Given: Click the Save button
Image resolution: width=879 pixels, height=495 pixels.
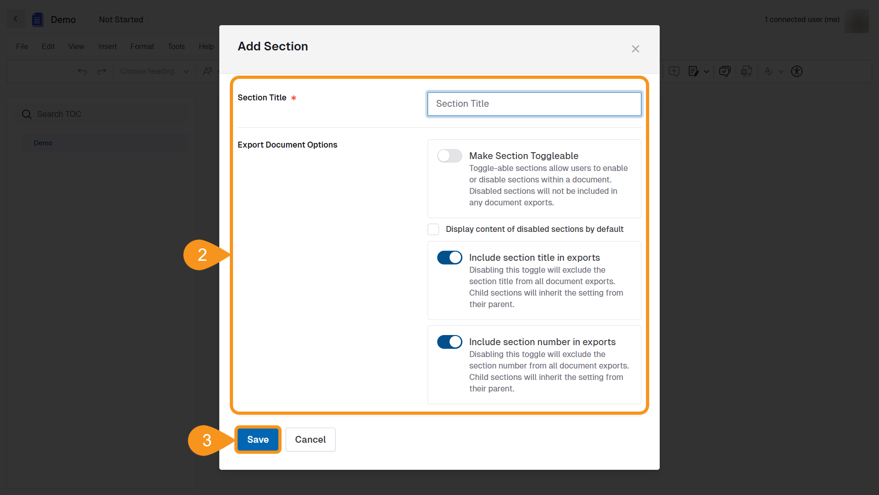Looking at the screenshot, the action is pyautogui.click(x=258, y=440).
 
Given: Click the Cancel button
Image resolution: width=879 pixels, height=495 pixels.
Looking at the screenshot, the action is pyautogui.click(x=310, y=440).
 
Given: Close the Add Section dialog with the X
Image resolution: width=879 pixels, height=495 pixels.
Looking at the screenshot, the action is pyautogui.click(x=635, y=49).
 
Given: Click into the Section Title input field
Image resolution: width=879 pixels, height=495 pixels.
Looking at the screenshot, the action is pyautogui.click(x=534, y=104).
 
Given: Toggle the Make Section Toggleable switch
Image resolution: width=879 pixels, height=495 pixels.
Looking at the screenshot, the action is pyautogui.click(x=450, y=156).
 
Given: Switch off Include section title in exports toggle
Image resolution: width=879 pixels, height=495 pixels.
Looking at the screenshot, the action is pyautogui.click(x=450, y=258).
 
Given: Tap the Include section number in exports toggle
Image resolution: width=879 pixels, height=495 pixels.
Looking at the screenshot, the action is pyautogui.click(x=450, y=342).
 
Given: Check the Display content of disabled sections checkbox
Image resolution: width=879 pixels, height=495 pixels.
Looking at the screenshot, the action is pyautogui.click(x=433, y=229).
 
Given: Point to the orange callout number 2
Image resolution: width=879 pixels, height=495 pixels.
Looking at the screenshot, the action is pyautogui.click(x=202, y=255).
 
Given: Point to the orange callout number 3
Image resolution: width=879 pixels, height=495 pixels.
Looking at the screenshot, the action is pyautogui.click(x=207, y=440).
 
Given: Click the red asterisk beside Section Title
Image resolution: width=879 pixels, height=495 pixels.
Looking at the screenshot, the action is pyautogui.click(x=293, y=98).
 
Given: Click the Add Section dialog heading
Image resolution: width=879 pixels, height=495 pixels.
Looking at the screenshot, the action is pyautogui.click(x=273, y=46).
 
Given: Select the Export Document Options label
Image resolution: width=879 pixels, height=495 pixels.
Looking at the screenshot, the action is pyautogui.click(x=288, y=145).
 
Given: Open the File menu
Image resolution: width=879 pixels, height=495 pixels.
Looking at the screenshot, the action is pyautogui.click(x=22, y=47).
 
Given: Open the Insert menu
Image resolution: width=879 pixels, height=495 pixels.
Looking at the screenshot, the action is pyautogui.click(x=107, y=47).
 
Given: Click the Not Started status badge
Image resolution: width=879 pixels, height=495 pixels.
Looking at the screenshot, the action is pyautogui.click(x=121, y=20).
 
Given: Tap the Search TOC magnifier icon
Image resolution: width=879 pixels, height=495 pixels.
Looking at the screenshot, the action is pyautogui.click(x=27, y=114).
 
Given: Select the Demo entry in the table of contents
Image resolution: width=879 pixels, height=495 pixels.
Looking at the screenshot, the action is pyautogui.click(x=43, y=143).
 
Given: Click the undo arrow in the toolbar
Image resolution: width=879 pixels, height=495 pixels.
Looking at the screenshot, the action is pyautogui.click(x=82, y=71).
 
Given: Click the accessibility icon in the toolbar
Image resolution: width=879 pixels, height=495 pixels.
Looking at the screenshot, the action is pyautogui.click(x=797, y=71).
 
